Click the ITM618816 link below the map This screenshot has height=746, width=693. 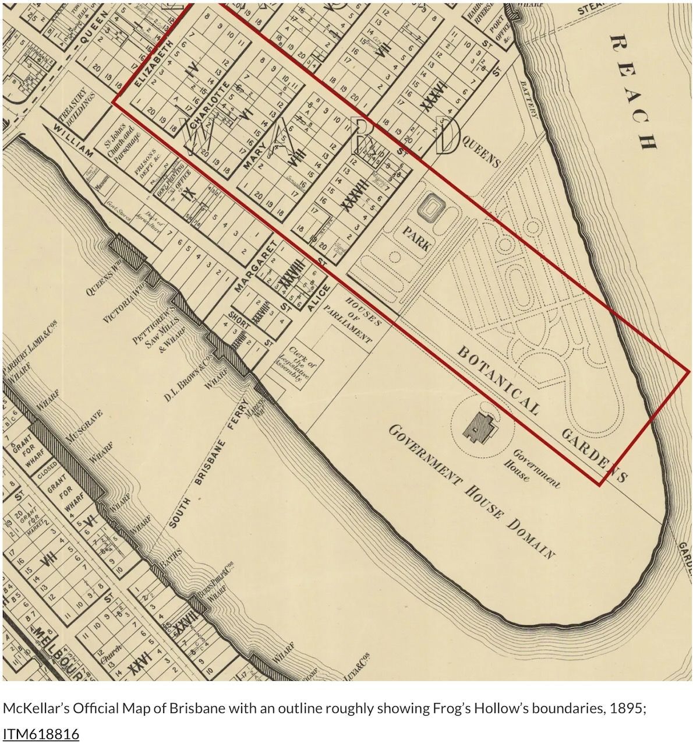click(41, 733)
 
